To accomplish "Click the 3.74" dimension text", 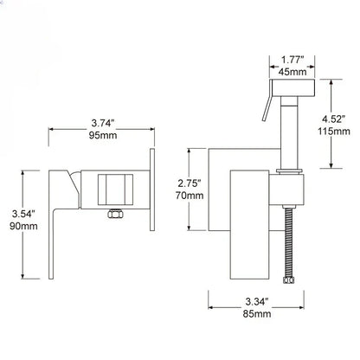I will click(x=103, y=122).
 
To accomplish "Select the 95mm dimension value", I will click(x=103, y=136).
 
